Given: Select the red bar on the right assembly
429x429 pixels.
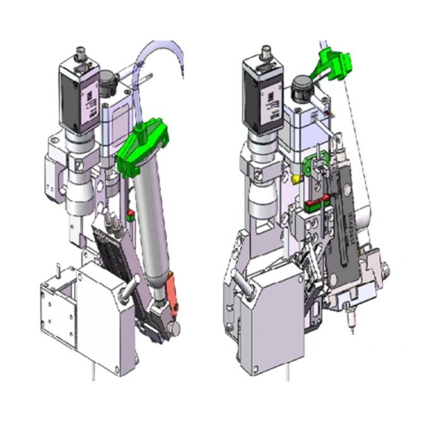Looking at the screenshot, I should click(x=315, y=203).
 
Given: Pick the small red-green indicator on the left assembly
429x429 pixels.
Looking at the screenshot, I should click(x=131, y=216).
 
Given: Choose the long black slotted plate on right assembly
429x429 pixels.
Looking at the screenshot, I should click(x=343, y=221).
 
